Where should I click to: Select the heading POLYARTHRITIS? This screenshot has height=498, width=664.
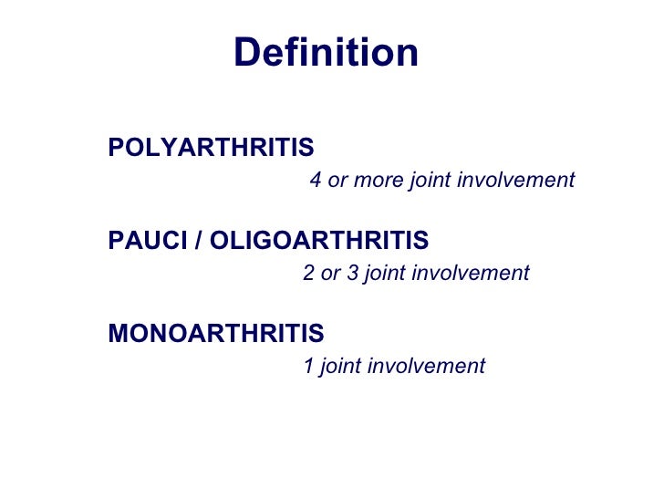pyautogui.click(x=211, y=147)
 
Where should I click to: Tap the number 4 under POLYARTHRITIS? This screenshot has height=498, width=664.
pyautogui.click(x=316, y=181)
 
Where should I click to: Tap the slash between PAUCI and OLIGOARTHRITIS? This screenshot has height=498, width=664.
pyautogui.click(x=200, y=241)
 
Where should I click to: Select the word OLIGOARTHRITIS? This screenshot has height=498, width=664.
pyautogui.click(x=319, y=241)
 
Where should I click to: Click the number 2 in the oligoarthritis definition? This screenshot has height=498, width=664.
pyautogui.click(x=308, y=273)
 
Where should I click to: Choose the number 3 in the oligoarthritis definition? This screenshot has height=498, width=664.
pyautogui.click(x=352, y=273)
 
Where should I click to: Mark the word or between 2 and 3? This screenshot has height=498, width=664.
pyautogui.click(x=330, y=273)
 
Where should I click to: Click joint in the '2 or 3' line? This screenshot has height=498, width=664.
pyautogui.click(x=384, y=273)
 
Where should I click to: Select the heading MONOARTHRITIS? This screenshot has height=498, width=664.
pyautogui.click(x=216, y=334)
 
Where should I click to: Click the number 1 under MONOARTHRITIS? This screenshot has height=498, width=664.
pyautogui.click(x=308, y=367)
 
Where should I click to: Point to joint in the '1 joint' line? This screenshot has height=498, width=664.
pyautogui.click(x=340, y=367)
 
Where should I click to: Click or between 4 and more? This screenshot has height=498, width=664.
pyautogui.click(x=337, y=181)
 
